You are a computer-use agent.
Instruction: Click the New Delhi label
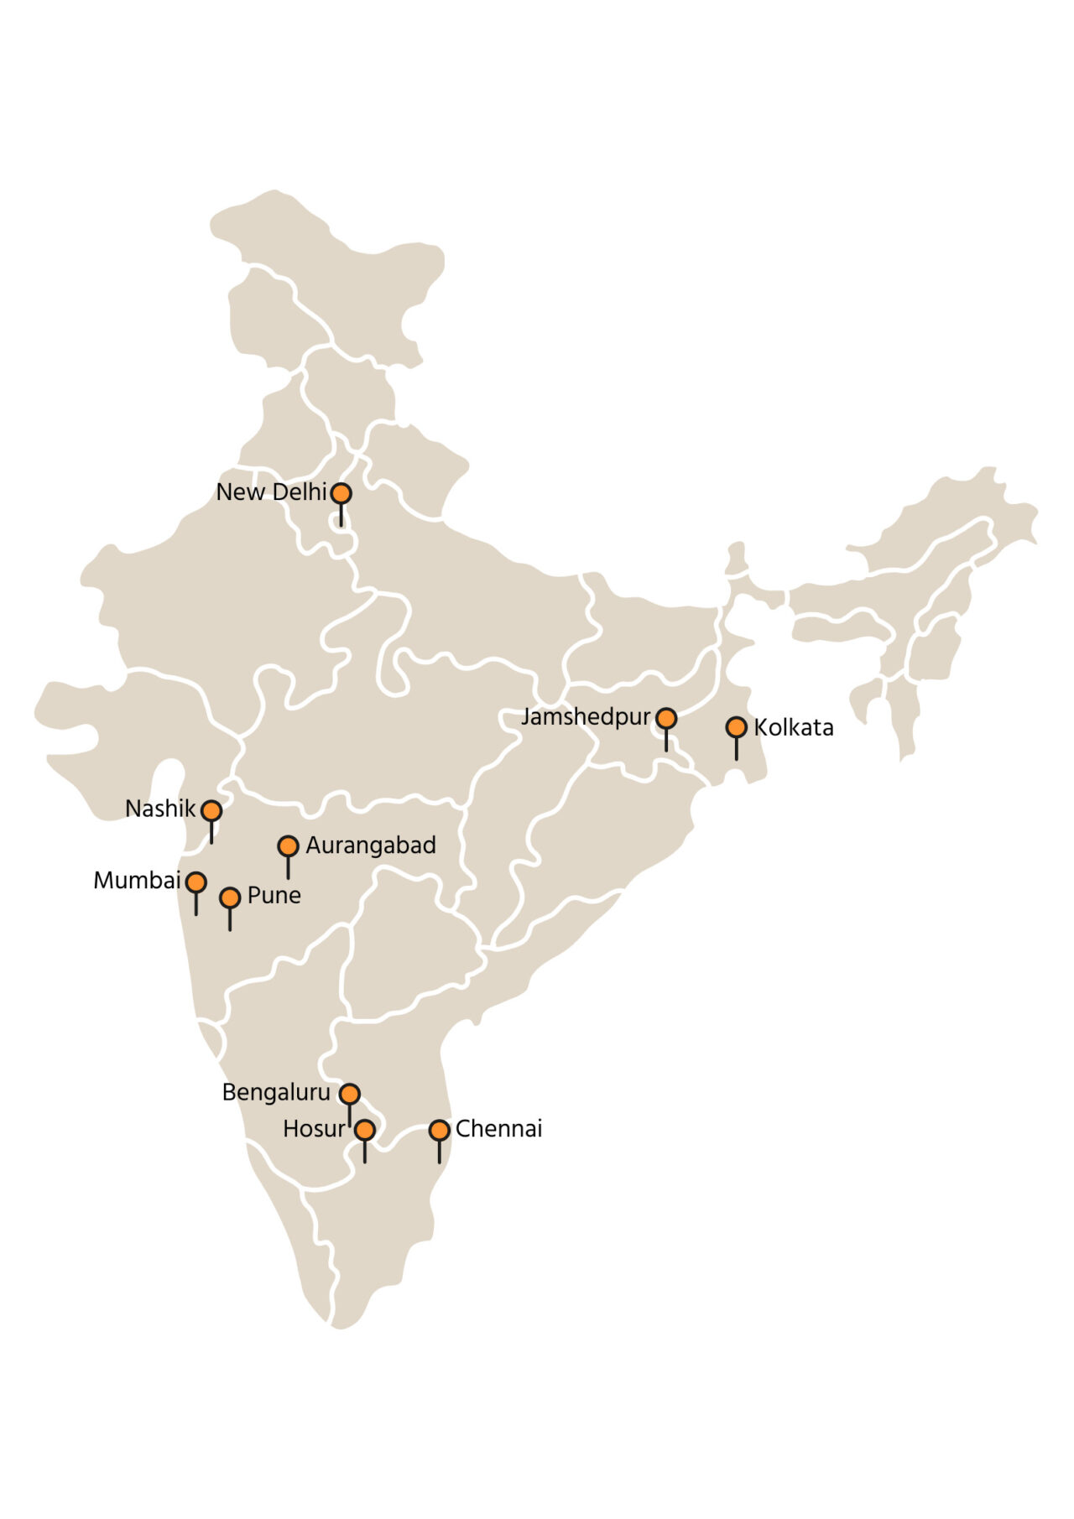point(271,492)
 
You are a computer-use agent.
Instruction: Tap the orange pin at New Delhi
point(341,493)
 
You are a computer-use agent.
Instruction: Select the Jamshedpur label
point(586,718)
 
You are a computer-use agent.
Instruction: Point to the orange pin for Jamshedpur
point(666,718)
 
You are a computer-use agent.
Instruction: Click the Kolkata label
point(794,727)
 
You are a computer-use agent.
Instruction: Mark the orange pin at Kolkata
point(736,727)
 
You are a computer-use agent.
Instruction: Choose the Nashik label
point(160,809)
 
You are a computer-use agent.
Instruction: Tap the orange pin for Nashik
point(211,810)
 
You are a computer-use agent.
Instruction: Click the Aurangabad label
point(371,845)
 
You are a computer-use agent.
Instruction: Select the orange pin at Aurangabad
point(288,846)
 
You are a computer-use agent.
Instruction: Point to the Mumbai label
point(137,881)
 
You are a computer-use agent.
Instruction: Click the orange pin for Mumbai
point(196,882)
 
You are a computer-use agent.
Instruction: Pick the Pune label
point(274,896)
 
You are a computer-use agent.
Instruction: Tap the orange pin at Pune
point(230,897)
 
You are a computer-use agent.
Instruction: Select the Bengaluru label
point(276,1093)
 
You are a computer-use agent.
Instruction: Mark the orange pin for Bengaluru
point(350,1094)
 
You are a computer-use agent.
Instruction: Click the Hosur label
point(314,1130)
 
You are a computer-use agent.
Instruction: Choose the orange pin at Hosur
point(364,1130)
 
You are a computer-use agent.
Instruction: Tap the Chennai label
point(499,1129)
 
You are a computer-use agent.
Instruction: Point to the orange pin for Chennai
point(439,1130)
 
